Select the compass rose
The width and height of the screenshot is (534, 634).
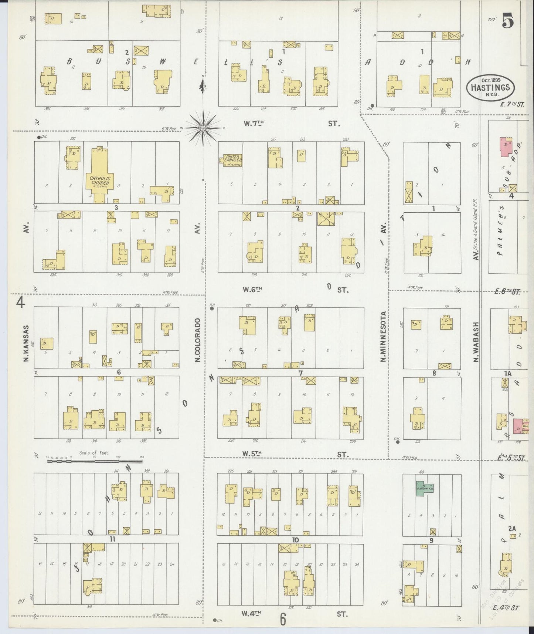(x=203, y=128)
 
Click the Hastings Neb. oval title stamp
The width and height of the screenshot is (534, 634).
(x=490, y=87)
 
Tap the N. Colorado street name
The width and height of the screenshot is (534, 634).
(x=198, y=340)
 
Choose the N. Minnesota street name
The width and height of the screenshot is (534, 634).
(x=384, y=336)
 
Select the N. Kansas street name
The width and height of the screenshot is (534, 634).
(x=27, y=343)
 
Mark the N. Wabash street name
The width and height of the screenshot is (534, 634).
(x=476, y=342)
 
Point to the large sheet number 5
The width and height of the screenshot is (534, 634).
(x=508, y=21)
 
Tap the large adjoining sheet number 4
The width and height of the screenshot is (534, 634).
(x=20, y=303)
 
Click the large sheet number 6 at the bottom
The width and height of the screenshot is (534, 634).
(x=283, y=619)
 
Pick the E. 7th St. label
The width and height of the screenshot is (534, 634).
(x=512, y=104)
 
